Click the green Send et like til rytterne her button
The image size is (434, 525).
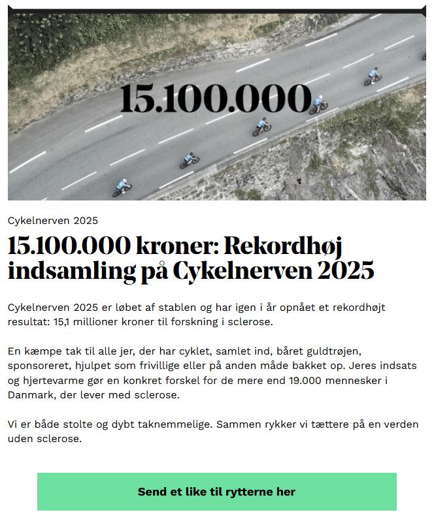pyautogui.click(x=216, y=492)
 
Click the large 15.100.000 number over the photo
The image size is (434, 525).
pyautogui.click(x=216, y=99)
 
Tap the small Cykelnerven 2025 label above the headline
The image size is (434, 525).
pyautogui.click(x=53, y=220)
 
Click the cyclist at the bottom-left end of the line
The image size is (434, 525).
pyautogui.click(x=122, y=187)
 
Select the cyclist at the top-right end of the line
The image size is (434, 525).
pyautogui.click(x=373, y=76)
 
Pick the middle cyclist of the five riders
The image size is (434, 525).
pyautogui.click(x=262, y=125)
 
